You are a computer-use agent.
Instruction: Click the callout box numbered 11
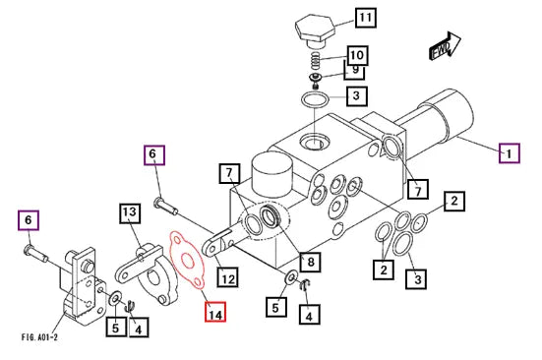pyautogui.click(x=366, y=18)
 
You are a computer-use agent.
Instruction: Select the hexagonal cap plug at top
pyautogui.click(x=315, y=30)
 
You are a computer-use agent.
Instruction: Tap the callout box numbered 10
pyautogui.click(x=357, y=55)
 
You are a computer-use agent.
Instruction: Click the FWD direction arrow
pyautogui.click(x=446, y=46)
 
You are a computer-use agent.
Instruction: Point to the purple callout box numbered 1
pyautogui.click(x=510, y=153)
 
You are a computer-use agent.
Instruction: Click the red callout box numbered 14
pyautogui.click(x=215, y=312)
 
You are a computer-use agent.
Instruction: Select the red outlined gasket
pyautogui.click(x=187, y=259)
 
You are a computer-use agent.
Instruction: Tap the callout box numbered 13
pyautogui.click(x=130, y=213)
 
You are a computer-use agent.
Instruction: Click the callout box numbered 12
pyautogui.click(x=228, y=276)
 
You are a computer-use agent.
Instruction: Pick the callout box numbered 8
pyautogui.click(x=311, y=262)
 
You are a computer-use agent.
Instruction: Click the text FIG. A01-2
pyautogui.click(x=39, y=336)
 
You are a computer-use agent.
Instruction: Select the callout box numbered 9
pyautogui.click(x=354, y=71)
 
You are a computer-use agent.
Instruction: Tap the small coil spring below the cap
pyautogui.click(x=314, y=60)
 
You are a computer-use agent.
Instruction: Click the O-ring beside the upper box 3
pyautogui.click(x=315, y=100)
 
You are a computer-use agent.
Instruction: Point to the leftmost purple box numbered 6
pyautogui.click(x=29, y=220)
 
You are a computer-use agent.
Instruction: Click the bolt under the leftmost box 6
pyautogui.click(x=35, y=253)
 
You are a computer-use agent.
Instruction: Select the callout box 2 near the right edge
pyautogui.click(x=454, y=201)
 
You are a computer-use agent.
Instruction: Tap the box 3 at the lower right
pyautogui.click(x=417, y=278)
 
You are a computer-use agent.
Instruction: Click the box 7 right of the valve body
pyautogui.click(x=418, y=189)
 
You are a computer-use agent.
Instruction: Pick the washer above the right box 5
pyautogui.click(x=292, y=277)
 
